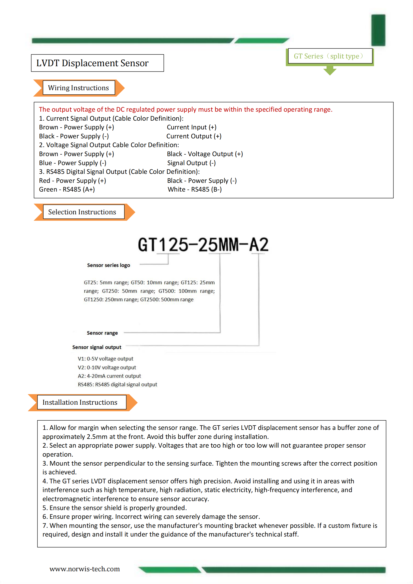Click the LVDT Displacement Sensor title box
pos(97,63)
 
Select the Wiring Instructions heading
pos(79,88)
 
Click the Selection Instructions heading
pos(82,212)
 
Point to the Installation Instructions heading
pos(80,402)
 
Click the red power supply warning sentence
pos(185,109)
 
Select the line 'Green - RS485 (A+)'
pos(67,189)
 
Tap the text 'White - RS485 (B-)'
pos(195,189)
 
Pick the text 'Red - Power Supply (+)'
pos(72,181)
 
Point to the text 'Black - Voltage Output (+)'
pos(205,154)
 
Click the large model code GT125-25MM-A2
pos(203,245)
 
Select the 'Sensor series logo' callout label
pos(108,265)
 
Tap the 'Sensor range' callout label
pos(102,333)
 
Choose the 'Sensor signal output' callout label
pos(97,347)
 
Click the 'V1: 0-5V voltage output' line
pos(105,359)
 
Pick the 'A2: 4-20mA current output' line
pos(109,376)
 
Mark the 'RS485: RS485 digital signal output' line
pos(117,384)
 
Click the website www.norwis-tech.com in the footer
pos(84,569)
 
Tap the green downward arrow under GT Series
pos(330,70)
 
